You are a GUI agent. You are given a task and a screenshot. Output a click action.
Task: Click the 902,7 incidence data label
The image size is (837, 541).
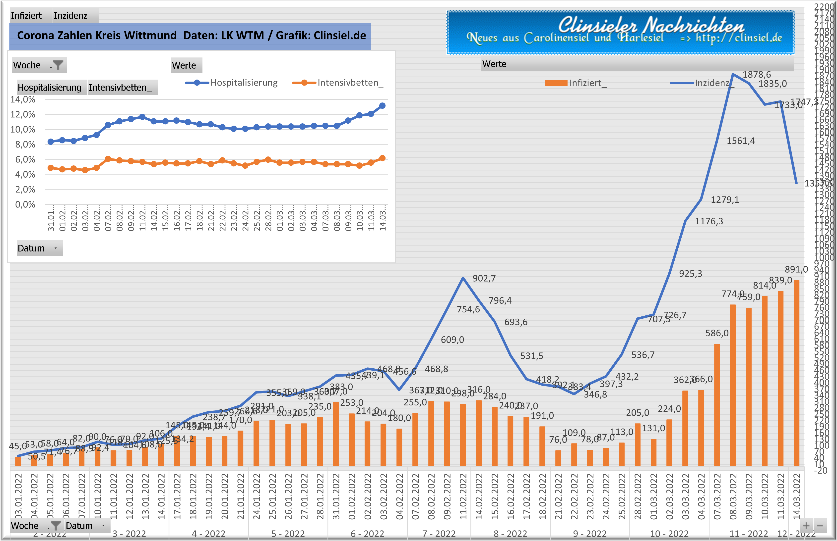coord(484,279)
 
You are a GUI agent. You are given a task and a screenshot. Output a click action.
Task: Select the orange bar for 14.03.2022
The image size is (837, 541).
coord(797,372)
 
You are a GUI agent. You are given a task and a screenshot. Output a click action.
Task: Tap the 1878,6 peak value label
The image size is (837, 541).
coord(757,74)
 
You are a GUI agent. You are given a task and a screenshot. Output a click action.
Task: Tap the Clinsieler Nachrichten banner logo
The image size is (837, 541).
coord(620,32)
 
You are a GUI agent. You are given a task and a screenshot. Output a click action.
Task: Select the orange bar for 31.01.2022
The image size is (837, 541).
coord(336,434)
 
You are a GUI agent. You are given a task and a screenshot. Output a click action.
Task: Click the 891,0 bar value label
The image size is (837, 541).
coord(796,269)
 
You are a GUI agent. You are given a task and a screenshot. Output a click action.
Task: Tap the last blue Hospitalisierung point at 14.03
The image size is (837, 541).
coord(382,106)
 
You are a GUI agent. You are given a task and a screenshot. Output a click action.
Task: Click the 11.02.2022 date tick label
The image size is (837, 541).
coord(463,496)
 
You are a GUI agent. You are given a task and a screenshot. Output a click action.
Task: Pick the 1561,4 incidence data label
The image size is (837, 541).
coord(741,141)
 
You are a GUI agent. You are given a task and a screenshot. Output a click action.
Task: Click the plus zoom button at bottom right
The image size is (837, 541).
coord(806,526)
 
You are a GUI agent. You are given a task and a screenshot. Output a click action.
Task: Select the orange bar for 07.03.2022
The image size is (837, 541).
coord(717,405)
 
